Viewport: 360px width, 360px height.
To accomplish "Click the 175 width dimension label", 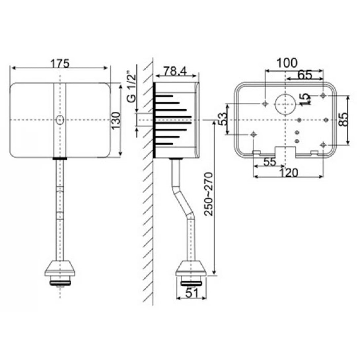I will (x=60, y=63).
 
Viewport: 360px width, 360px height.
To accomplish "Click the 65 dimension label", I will (x=304, y=75).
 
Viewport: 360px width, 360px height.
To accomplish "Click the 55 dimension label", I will (x=270, y=162).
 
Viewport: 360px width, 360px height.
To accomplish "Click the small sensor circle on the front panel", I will (x=60, y=120).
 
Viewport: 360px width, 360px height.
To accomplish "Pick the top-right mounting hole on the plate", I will (x=323, y=95).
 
